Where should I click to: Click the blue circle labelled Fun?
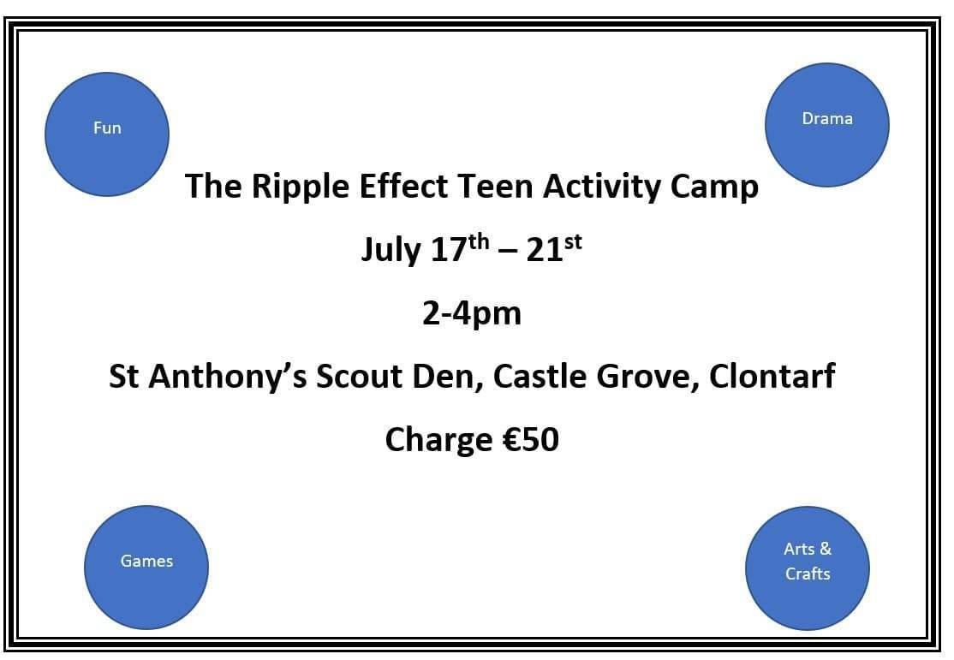pos(107,134)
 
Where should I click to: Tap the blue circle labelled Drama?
pos(827,125)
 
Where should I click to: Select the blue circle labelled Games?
pos(146,568)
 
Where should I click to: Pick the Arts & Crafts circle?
pos(808,568)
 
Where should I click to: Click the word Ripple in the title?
pos(301,187)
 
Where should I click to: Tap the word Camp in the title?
pos(714,187)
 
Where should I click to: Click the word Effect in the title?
pos(403,186)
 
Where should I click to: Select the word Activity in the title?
pos(602,187)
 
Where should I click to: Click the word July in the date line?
pos(391,250)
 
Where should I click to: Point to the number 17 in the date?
pos(449,249)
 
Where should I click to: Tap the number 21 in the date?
pos(545,249)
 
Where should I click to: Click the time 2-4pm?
pos(472,314)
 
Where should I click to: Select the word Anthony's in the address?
pos(228,376)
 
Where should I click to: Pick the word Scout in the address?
pos(360,377)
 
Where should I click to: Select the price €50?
pos(531,440)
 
